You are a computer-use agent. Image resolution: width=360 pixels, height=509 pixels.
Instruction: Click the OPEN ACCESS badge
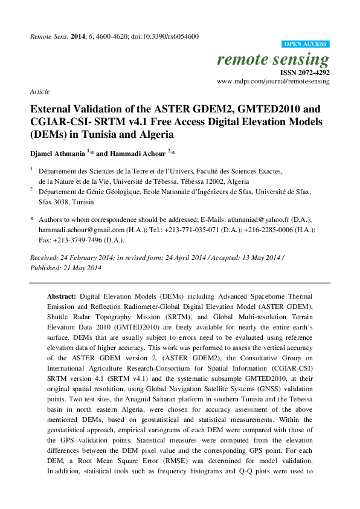click(x=306, y=44)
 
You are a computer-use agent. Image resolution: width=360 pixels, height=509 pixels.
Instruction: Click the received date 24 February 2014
click(x=88, y=258)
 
